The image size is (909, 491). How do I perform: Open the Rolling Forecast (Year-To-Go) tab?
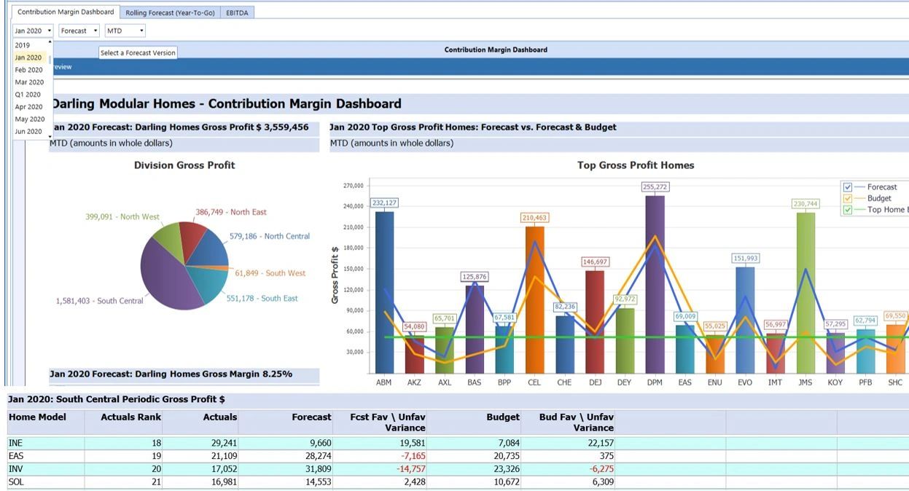(x=170, y=13)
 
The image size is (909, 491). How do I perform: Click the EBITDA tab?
(x=238, y=13)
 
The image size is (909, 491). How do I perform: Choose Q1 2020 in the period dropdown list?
(x=28, y=95)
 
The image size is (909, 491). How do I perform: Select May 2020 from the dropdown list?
(x=30, y=119)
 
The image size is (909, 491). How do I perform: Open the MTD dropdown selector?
(x=125, y=31)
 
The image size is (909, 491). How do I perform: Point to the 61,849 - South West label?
(x=270, y=273)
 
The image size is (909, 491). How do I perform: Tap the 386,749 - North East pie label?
(x=230, y=212)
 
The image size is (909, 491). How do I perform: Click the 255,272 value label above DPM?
(x=655, y=187)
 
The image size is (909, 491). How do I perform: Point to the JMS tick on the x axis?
(x=805, y=382)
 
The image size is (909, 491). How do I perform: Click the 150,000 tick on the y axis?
(x=353, y=269)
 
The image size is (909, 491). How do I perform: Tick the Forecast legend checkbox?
(x=848, y=187)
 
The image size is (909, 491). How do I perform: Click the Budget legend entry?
(x=878, y=198)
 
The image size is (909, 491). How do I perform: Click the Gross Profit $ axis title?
(x=335, y=275)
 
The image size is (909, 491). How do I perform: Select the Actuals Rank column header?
(x=131, y=417)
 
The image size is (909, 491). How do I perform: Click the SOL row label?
(x=15, y=482)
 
